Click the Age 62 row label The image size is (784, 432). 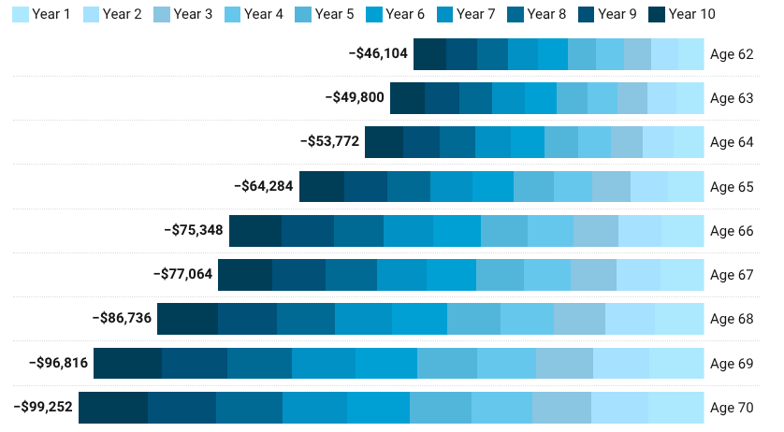click(x=732, y=54)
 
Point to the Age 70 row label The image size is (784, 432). click(x=732, y=408)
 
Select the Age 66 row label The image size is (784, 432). click(x=732, y=231)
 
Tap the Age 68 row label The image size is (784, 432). click(x=732, y=319)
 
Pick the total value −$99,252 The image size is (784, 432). click(x=42, y=408)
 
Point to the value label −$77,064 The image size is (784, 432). click(x=182, y=275)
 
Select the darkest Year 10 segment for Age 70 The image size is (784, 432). click(x=113, y=408)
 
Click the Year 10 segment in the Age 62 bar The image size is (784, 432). click(x=429, y=54)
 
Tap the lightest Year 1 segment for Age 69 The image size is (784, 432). click(x=675, y=363)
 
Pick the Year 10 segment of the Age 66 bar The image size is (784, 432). click(x=255, y=231)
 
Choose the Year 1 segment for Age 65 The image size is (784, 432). click(x=685, y=187)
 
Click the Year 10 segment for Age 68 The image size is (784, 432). click(x=187, y=319)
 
